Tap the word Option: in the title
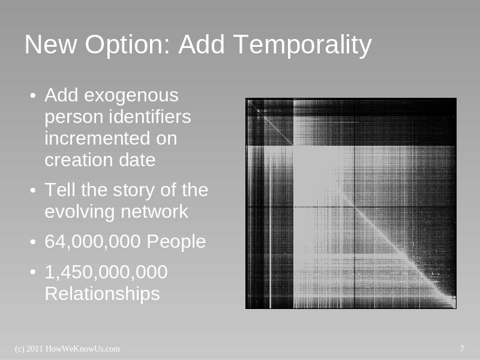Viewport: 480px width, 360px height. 127,45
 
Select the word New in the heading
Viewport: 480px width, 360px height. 50,44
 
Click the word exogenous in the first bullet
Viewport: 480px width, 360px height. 131,96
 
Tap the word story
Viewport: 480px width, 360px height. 134,191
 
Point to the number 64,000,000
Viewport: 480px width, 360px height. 93,242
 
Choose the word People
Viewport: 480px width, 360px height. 176,242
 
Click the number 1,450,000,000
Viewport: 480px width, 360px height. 106,272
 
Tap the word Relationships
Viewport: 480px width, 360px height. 102,294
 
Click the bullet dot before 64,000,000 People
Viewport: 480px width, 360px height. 33,242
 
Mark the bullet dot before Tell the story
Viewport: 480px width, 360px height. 33,190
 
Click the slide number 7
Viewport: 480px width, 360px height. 462,349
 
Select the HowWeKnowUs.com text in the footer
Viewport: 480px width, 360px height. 83,349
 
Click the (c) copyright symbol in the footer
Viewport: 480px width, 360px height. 20,349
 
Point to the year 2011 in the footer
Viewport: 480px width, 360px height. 35,349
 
